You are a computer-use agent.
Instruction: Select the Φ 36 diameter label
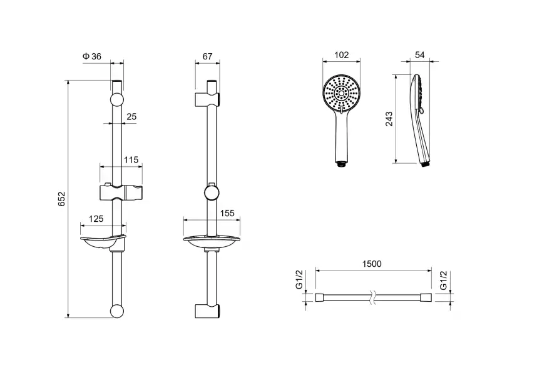(92, 56)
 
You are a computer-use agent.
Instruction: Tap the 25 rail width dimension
(132, 116)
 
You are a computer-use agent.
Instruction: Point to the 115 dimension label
(131, 160)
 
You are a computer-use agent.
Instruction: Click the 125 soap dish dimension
(96, 219)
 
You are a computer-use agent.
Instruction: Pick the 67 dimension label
(208, 56)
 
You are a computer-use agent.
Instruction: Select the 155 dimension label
(227, 213)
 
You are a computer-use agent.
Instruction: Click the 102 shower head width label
(341, 55)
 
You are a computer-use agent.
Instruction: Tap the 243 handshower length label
(389, 119)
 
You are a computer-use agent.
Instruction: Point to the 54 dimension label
(420, 55)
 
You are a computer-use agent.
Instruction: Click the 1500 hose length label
(372, 264)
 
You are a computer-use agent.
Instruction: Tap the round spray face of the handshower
(342, 94)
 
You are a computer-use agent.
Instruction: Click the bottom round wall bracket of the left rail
(117, 312)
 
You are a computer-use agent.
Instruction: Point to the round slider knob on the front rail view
(212, 191)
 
